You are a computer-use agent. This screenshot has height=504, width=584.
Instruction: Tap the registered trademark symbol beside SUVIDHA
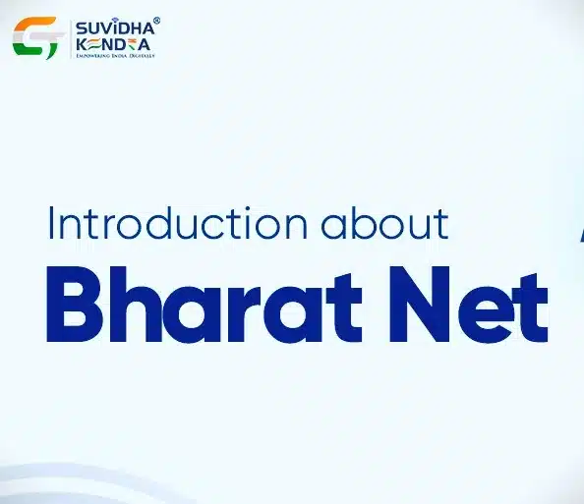[x=155, y=20]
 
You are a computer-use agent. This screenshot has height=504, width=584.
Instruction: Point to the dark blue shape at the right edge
[x=579, y=233]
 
